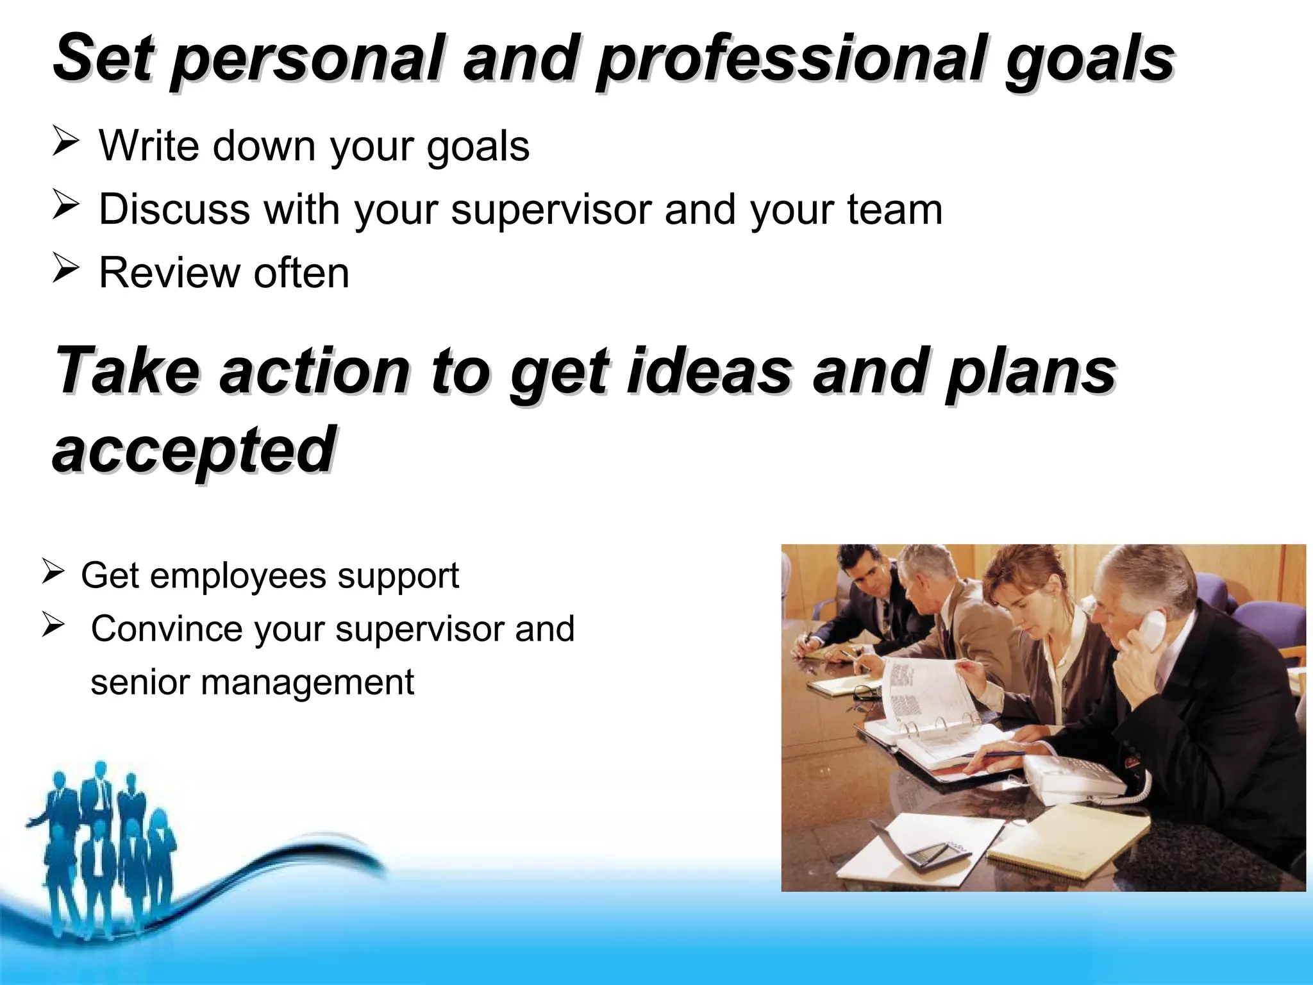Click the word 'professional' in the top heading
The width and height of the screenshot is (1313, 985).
point(790,59)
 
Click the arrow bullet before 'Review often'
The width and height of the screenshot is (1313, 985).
point(65,269)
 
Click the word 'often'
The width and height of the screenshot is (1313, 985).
point(301,273)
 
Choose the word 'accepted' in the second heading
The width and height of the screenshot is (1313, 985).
point(194,450)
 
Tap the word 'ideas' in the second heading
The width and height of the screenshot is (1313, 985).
point(710,371)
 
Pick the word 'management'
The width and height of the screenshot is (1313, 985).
point(307,682)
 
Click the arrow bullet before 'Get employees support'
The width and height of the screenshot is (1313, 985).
point(53,571)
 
